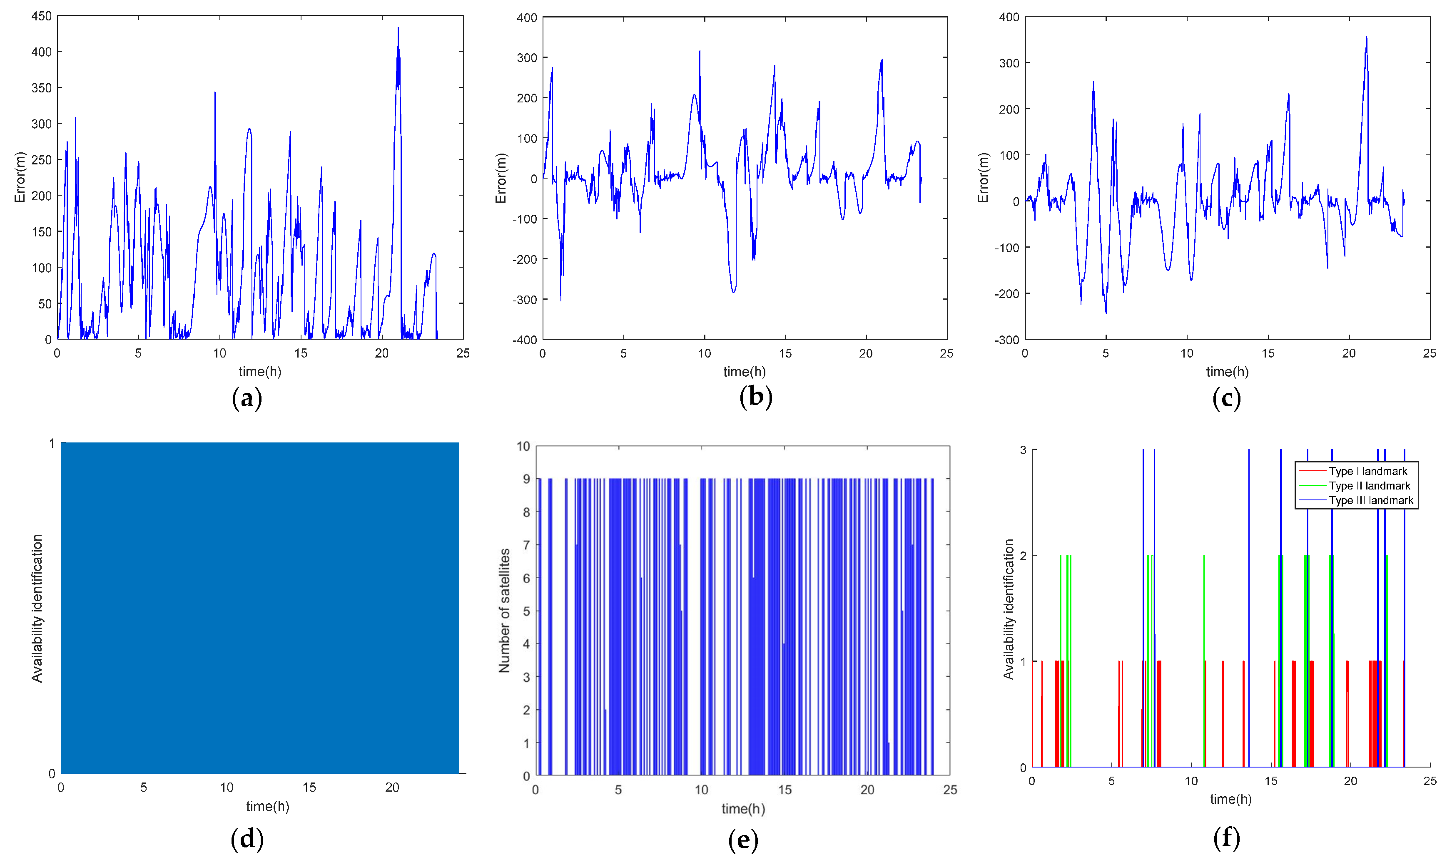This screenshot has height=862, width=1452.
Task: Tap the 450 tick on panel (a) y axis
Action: click(41, 16)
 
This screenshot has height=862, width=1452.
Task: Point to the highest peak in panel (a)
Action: click(398, 28)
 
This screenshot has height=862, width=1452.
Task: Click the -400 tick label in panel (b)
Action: click(524, 340)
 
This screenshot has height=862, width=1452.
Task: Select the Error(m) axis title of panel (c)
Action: click(983, 178)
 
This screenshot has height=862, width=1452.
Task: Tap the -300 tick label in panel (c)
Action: click(1006, 340)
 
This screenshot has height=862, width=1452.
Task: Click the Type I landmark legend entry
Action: click(1367, 471)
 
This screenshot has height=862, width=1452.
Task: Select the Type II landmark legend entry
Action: click(1369, 486)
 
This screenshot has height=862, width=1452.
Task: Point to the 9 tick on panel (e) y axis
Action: click(526, 479)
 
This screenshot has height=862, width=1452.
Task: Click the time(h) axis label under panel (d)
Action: click(267, 806)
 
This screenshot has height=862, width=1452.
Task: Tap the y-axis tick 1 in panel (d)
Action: click(52, 444)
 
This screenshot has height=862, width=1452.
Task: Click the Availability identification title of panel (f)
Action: click(1009, 609)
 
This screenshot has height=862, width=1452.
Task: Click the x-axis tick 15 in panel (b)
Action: click(785, 353)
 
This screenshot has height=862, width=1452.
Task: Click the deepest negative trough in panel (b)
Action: click(561, 301)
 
